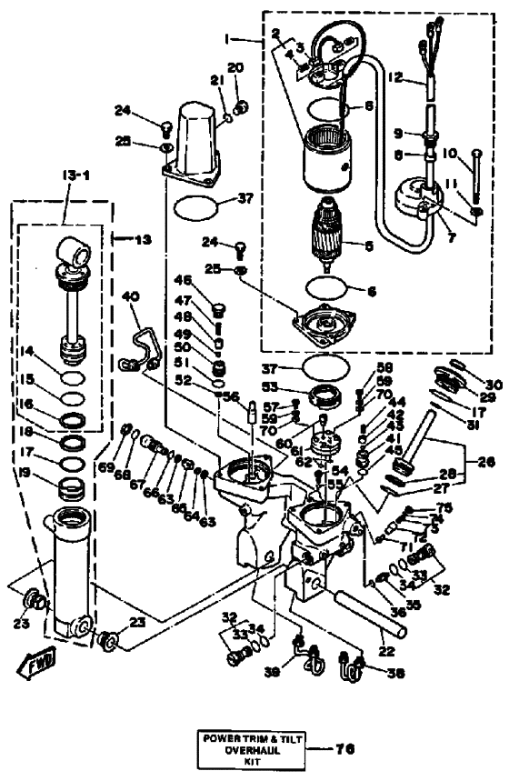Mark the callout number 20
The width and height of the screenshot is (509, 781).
[235, 69]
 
